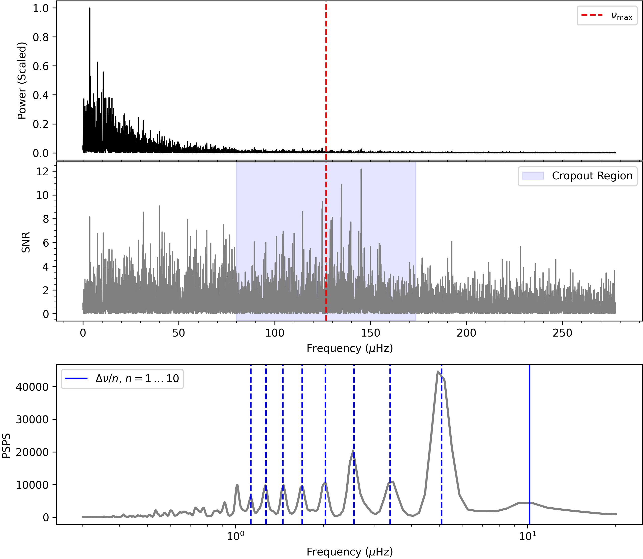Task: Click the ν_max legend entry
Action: click(x=607, y=16)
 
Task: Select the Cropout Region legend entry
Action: click(x=577, y=176)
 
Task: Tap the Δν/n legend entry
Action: click(x=122, y=379)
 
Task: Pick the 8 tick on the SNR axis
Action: click(x=46, y=219)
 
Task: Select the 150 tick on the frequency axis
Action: click(x=371, y=333)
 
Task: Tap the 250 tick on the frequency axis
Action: click(x=563, y=333)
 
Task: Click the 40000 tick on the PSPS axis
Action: click(x=32, y=387)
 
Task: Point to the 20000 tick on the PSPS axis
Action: click(x=32, y=452)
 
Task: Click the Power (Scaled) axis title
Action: click(x=22, y=80)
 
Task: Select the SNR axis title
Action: click(x=26, y=242)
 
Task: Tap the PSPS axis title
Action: click(x=6, y=446)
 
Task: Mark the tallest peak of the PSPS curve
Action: click(x=438, y=372)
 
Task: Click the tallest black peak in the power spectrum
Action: click(x=90, y=8)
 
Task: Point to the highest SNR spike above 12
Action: click(x=361, y=169)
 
